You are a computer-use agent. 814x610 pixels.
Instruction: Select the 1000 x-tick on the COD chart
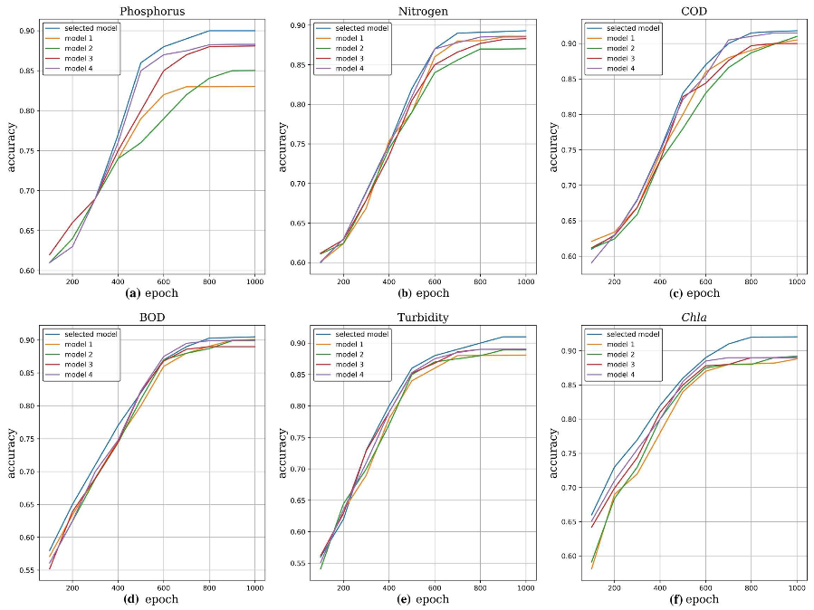coord(796,281)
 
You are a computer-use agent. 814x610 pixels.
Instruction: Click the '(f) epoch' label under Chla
coord(691,599)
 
